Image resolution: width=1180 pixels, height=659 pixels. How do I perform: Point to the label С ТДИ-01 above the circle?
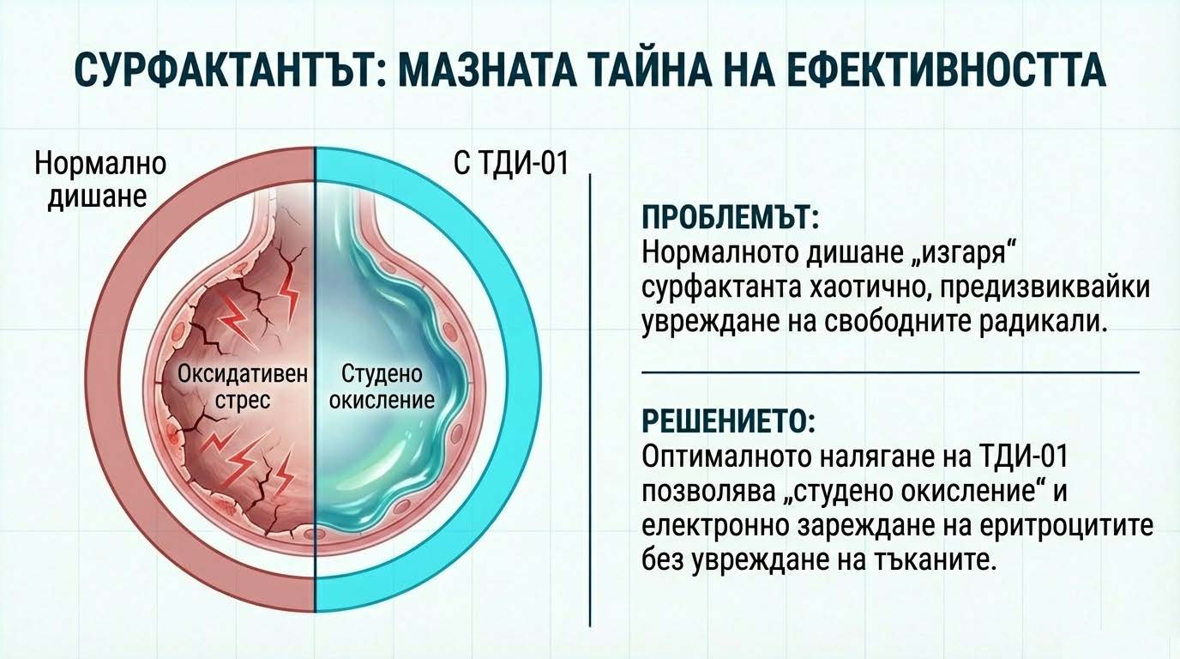click(511, 163)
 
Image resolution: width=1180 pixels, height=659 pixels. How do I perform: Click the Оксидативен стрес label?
click(243, 387)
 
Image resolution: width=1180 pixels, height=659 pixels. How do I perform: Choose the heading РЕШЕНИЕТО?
click(722, 422)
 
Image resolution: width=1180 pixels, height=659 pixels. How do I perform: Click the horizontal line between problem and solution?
click(889, 372)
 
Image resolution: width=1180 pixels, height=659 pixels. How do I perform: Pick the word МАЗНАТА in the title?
click(461, 71)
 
